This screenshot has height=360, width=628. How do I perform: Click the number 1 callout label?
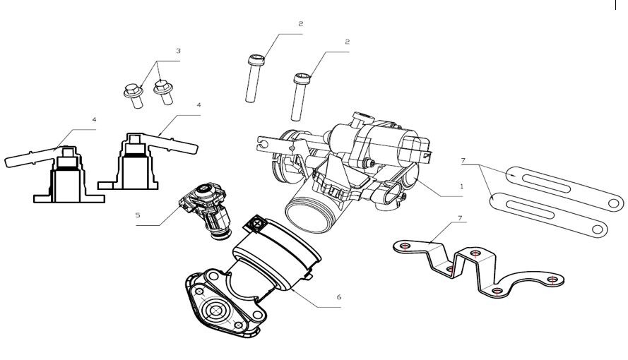[x=461, y=186]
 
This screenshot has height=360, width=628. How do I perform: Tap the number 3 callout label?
[x=179, y=51]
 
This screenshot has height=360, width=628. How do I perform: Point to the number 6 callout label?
[x=338, y=297]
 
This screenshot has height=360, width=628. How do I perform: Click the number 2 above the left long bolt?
[x=300, y=24]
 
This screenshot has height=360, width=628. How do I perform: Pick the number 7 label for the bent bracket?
[x=460, y=217]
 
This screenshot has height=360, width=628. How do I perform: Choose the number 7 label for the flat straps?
[x=462, y=162]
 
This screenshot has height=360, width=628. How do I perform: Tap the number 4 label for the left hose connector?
[x=94, y=120]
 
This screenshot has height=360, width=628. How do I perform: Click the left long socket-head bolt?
[x=255, y=78]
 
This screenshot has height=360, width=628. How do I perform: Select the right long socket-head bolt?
[x=300, y=96]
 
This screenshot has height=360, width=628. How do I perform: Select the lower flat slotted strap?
[x=547, y=216]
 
